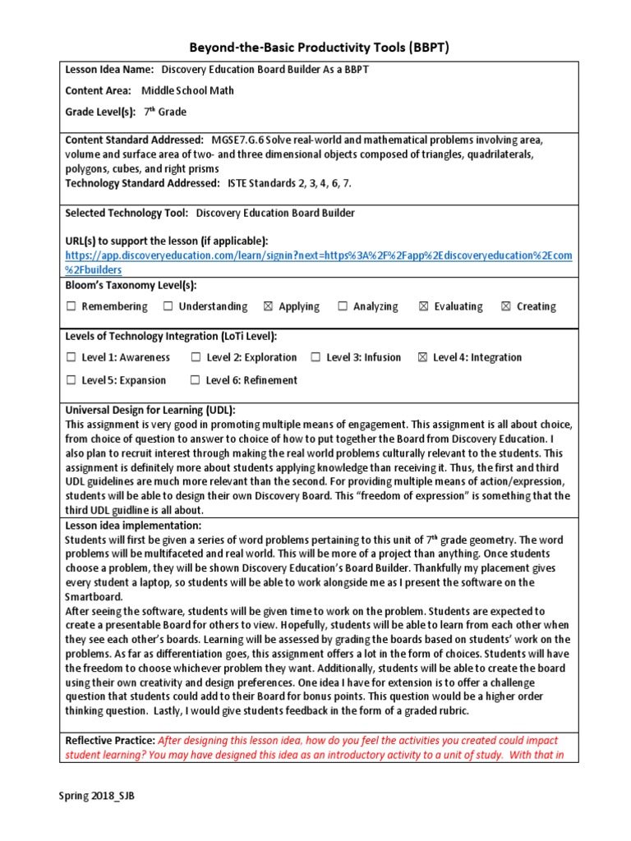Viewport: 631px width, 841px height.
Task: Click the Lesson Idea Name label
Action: (x=109, y=70)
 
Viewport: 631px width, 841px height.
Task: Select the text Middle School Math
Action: (x=187, y=90)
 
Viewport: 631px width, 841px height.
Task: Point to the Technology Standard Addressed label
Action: (x=142, y=183)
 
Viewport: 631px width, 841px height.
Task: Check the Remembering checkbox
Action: (x=71, y=307)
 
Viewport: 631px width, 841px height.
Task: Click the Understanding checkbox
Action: (x=168, y=307)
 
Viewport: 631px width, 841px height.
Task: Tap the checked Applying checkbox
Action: (x=268, y=307)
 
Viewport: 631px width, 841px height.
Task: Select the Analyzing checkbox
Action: (x=343, y=307)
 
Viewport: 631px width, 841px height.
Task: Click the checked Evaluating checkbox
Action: (x=423, y=307)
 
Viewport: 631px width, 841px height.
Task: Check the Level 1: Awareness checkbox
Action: (x=71, y=358)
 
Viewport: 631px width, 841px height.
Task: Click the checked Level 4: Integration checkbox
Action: (x=422, y=358)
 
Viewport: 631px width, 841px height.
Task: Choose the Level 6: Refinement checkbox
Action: (x=195, y=380)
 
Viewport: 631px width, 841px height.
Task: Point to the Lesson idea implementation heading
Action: (x=133, y=525)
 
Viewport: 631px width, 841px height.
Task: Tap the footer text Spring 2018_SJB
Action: (x=96, y=796)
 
